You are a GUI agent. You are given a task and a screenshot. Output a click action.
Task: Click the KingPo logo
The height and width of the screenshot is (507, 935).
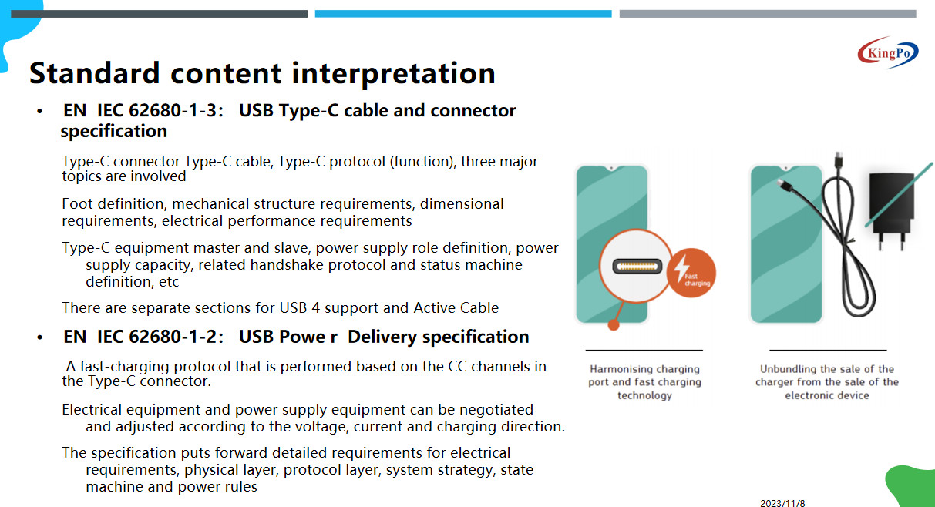point(888,52)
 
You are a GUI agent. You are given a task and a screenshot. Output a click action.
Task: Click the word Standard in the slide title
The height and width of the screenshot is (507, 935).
point(95,73)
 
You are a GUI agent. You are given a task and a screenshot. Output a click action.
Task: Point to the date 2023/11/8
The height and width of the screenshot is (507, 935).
point(782,503)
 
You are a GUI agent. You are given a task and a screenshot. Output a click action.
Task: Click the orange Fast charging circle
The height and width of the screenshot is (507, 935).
point(691,273)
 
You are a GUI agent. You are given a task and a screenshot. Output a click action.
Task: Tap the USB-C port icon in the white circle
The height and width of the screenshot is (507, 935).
point(637,267)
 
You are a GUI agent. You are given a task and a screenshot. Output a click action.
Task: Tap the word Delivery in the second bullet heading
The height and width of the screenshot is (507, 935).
point(382,337)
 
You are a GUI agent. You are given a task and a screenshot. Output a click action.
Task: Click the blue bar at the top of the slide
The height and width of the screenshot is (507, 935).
point(463,14)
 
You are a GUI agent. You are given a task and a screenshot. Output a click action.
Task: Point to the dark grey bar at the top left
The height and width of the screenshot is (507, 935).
point(159,14)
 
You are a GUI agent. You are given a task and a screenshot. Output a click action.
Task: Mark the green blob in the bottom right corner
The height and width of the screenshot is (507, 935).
point(912,486)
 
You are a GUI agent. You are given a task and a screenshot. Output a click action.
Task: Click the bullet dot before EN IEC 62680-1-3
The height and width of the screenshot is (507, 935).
point(39,112)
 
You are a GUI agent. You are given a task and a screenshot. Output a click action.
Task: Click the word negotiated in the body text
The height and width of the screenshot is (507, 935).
point(496,410)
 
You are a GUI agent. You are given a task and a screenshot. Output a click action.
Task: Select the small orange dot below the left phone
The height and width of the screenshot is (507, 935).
point(614,324)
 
